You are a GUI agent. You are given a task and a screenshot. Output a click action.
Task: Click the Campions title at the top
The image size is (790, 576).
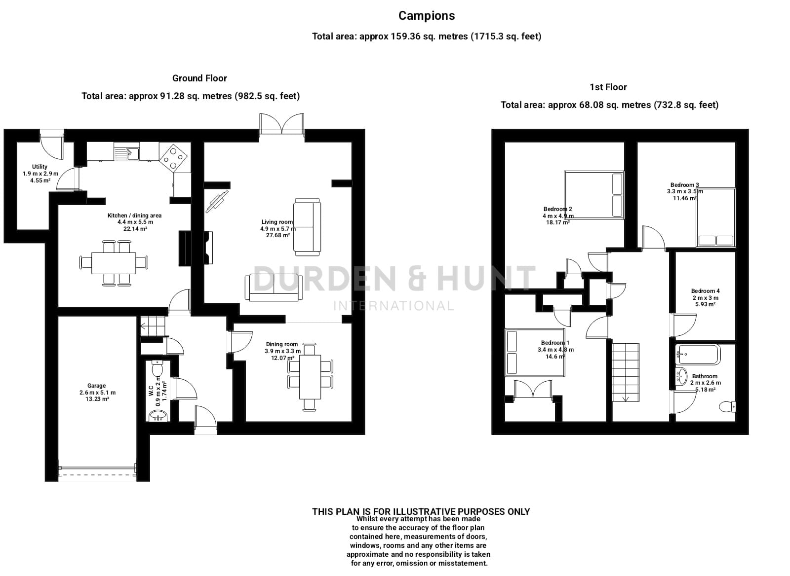[427, 16]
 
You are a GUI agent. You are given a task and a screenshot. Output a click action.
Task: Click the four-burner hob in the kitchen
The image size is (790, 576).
[173, 157]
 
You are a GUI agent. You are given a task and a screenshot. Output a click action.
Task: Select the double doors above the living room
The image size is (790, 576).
[281, 123]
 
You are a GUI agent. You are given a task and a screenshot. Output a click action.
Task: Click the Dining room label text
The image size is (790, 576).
[282, 344]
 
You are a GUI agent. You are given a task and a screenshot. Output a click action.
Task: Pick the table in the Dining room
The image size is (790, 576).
[310, 377]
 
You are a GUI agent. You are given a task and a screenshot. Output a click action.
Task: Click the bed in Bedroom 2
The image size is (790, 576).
[594, 195]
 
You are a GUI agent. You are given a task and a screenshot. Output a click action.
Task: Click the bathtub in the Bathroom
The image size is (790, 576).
[698, 354]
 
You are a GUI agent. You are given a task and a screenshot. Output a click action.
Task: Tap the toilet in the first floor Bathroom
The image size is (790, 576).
[727, 406]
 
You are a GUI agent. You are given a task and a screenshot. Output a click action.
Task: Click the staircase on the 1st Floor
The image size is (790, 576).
[626, 372]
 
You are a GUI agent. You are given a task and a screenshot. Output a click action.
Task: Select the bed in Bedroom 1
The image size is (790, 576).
[535, 353]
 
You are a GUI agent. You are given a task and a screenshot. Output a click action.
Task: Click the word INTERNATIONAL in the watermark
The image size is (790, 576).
[394, 306]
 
